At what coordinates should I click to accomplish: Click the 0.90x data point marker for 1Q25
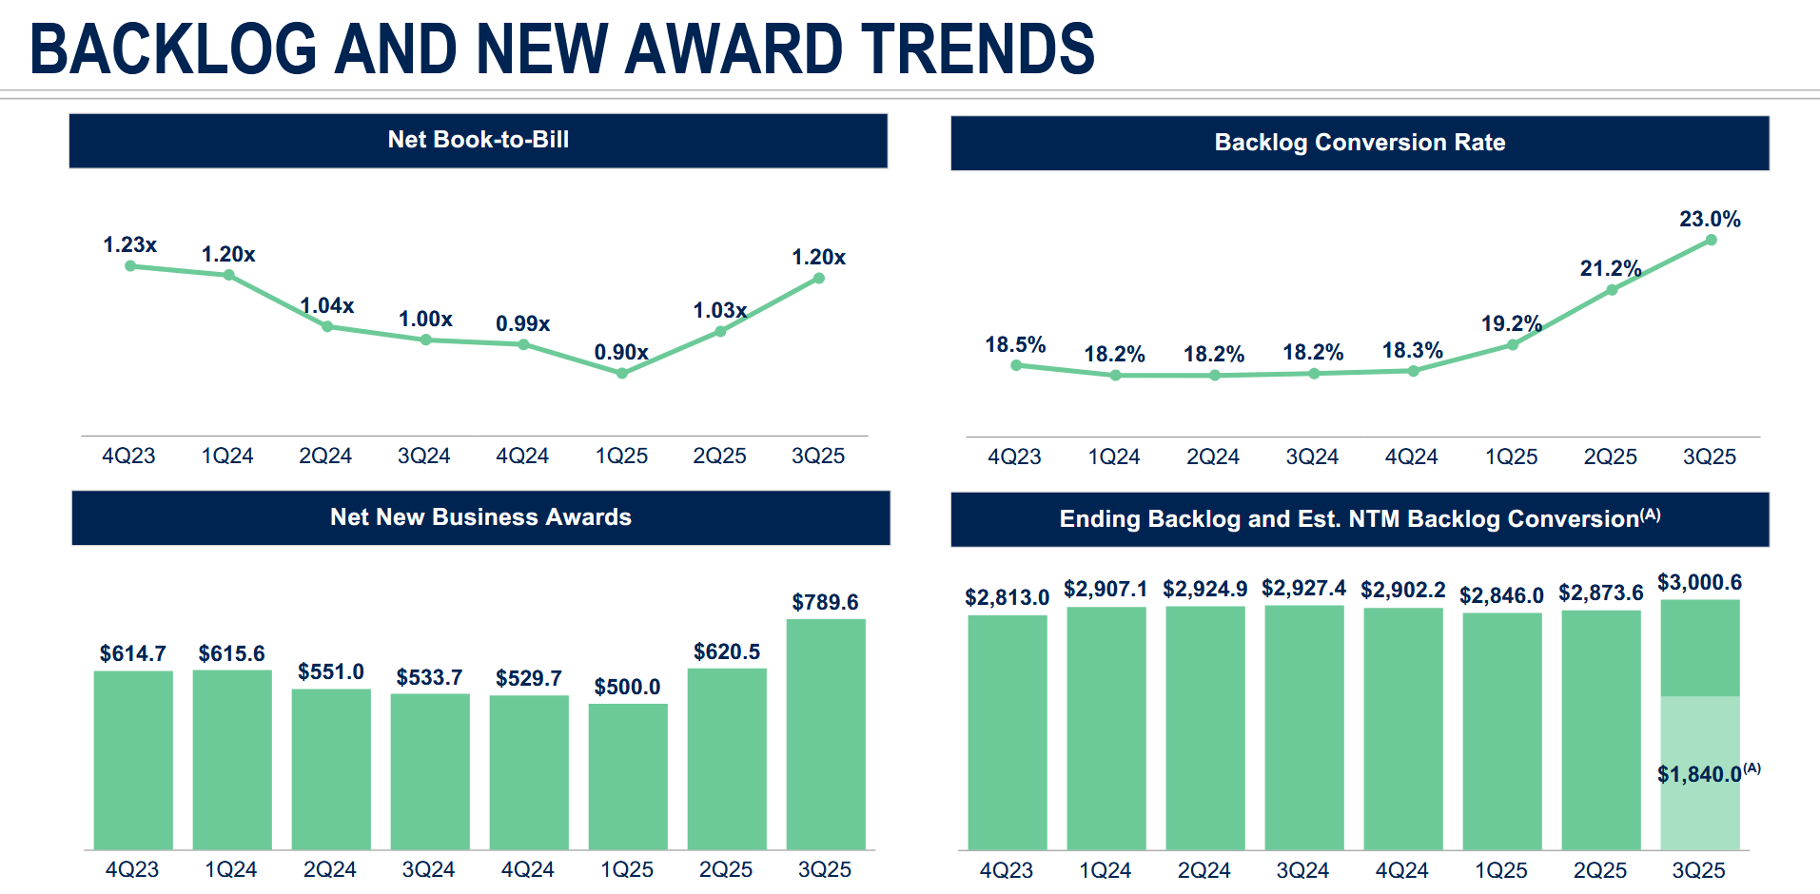(x=621, y=374)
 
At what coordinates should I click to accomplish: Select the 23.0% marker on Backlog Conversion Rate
(x=1711, y=241)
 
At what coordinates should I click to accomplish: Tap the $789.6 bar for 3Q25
(x=825, y=733)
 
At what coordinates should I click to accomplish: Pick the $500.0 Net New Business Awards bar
(x=627, y=776)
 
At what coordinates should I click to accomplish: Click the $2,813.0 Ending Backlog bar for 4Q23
(x=1007, y=731)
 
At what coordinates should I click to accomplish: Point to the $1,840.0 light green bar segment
(x=1699, y=772)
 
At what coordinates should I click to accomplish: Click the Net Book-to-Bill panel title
(x=478, y=141)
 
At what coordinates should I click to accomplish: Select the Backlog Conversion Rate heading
(x=1360, y=143)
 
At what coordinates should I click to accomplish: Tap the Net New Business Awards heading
(x=480, y=517)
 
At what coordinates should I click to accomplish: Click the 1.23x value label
(x=129, y=245)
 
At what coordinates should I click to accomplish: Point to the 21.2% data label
(x=1610, y=269)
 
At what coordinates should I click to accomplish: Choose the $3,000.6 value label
(x=1699, y=582)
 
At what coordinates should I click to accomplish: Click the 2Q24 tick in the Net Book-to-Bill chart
(x=325, y=457)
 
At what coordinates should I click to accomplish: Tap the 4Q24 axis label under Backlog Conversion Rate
(x=1411, y=457)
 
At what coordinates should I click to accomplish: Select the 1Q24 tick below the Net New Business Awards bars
(x=230, y=869)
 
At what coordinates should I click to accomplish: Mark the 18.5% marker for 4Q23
(x=1016, y=365)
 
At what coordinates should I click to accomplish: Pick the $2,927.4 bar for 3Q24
(x=1303, y=727)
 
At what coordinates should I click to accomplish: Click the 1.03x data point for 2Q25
(x=720, y=332)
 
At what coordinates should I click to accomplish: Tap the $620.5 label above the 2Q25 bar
(x=726, y=652)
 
